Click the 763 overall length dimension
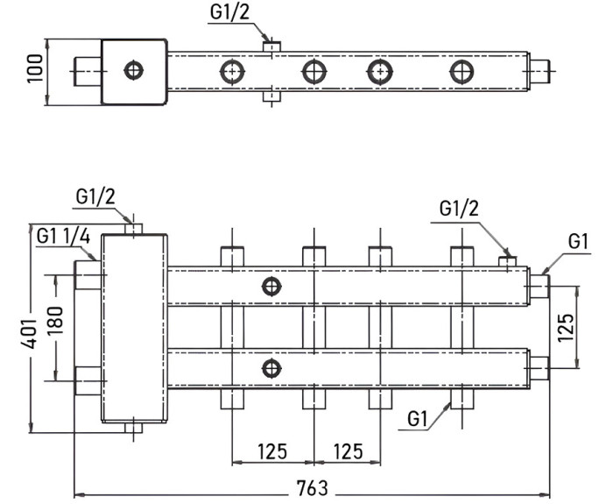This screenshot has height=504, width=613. pyautogui.click(x=312, y=487)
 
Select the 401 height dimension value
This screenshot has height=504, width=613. pyautogui.click(x=29, y=333)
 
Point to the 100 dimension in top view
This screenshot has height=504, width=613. pyautogui.click(x=35, y=69)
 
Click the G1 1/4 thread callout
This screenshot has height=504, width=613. pyautogui.click(x=63, y=237)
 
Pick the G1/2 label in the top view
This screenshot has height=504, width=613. pyautogui.click(x=229, y=12)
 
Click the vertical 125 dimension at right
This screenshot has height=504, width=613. pyautogui.click(x=566, y=327)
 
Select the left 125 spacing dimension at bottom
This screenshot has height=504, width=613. pyautogui.click(x=272, y=451)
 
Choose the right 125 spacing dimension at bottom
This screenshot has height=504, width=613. pyautogui.click(x=349, y=451)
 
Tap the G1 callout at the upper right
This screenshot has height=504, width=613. pyautogui.click(x=578, y=241)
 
